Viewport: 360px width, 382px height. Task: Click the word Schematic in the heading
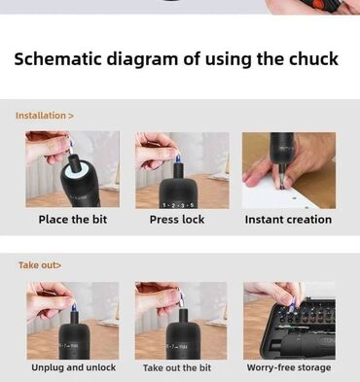[x=58, y=59]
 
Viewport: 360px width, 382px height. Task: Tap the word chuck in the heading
[x=313, y=59]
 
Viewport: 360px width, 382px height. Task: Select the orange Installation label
[x=45, y=116]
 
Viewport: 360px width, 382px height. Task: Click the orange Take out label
[x=40, y=265]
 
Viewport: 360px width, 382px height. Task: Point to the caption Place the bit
[x=73, y=220]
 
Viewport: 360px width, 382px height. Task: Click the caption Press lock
[x=177, y=220]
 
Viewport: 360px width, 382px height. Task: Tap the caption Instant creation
[x=288, y=220]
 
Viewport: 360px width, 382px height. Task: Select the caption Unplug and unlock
[x=74, y=367]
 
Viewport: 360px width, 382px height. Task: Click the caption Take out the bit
[x=177, y=367]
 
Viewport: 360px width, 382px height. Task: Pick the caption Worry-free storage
[x=289, y=367]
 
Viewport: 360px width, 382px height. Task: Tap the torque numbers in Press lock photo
[x=178, y=205]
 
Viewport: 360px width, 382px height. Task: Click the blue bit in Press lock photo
[x=178, y=158]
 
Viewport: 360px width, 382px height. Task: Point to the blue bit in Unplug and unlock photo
[x=74, y=307]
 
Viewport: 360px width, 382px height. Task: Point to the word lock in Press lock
[x=194, y=220]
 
